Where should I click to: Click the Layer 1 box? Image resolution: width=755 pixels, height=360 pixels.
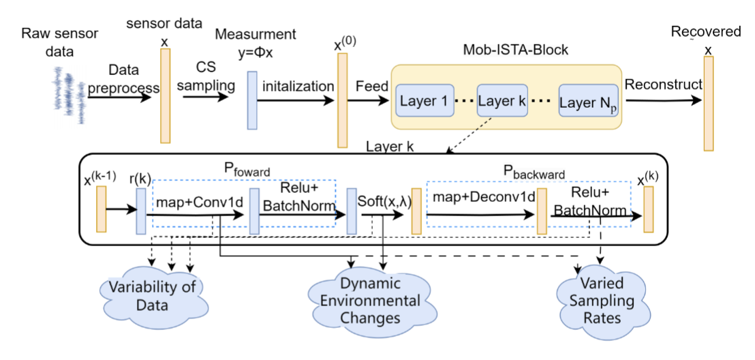[423, 102]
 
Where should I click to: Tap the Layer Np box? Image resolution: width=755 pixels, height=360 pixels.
[588, 102]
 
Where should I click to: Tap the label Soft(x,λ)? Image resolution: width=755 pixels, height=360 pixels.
[384, 202]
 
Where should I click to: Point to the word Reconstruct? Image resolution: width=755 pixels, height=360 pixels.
[663, 85]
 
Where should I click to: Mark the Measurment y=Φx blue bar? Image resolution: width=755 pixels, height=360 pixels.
[252, 100]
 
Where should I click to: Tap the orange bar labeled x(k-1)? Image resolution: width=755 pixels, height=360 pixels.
[102, 209]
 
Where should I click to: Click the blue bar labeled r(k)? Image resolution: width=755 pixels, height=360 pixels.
[142, 212]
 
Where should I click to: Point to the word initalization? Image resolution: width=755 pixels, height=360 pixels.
[298, 87]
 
